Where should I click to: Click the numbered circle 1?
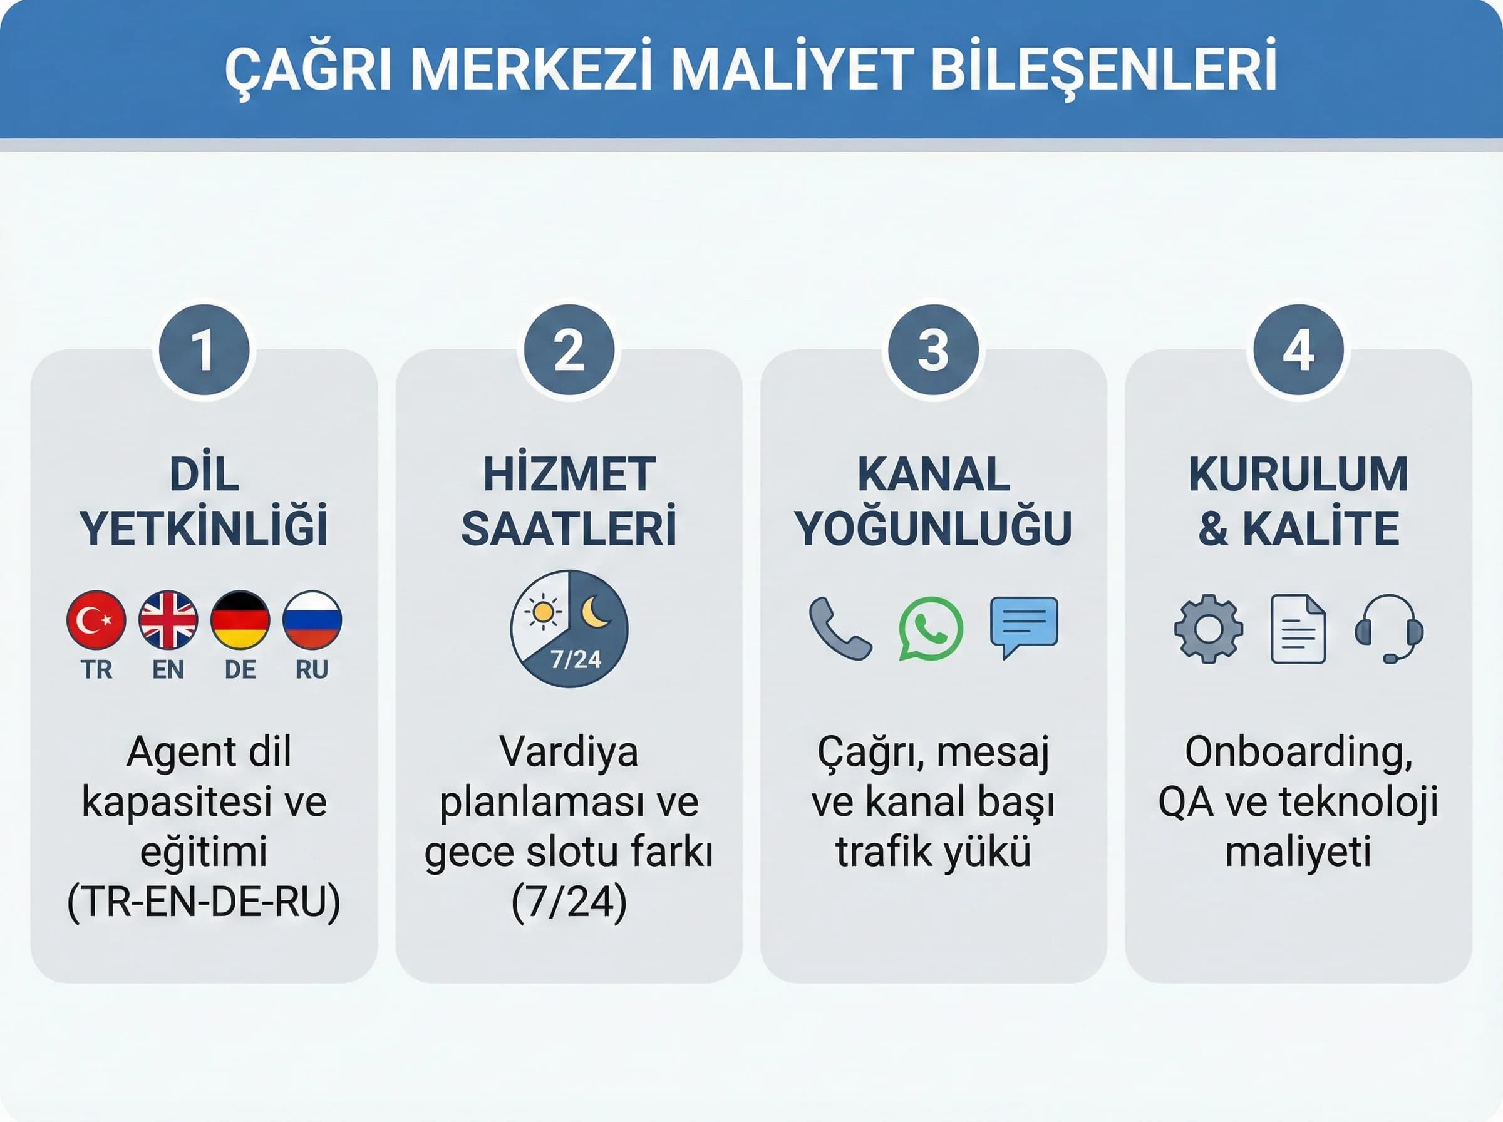(x=204, y=351)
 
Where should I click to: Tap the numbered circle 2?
(x=569, y=351)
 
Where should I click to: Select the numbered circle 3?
(x=934, y=351)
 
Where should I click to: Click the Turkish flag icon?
(x=96, y=619)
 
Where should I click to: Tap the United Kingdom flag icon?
(x=168, y=619)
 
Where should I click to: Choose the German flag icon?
(x=240, y=619)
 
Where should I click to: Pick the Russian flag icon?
(x=312, y=619)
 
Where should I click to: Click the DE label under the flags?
(x=240, y=670)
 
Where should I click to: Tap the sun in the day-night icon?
(x=543, y=612)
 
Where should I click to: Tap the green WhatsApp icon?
(x=931, y=628)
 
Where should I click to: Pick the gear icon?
(x=1208, y=629)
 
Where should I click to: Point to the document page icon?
(x=1298, y=629)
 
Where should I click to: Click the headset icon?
(x=1389, y=629)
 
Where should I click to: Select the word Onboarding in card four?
(x=1299, y=753)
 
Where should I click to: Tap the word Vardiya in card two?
(x=569, y=753)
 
